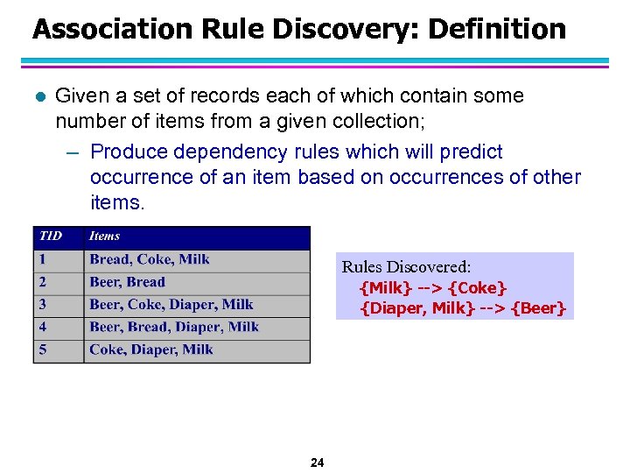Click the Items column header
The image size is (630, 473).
tap(104, 236)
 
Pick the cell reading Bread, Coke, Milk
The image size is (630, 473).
tap(149, 259)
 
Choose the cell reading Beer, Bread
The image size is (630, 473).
tap(127, 282)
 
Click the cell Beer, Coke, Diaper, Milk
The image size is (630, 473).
tap(171, 305)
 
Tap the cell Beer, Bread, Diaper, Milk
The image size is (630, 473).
tap(173, 328)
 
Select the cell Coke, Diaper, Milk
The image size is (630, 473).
tap(150, 349)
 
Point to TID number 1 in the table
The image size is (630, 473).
tap(41, 259)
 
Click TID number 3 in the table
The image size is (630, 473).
tap(42, 305)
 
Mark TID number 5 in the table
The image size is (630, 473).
tap(42, 349)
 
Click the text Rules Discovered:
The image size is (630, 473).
tap(406, 267)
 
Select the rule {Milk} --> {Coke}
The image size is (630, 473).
tap(433, 288)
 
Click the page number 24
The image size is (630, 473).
tap(317, 462)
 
